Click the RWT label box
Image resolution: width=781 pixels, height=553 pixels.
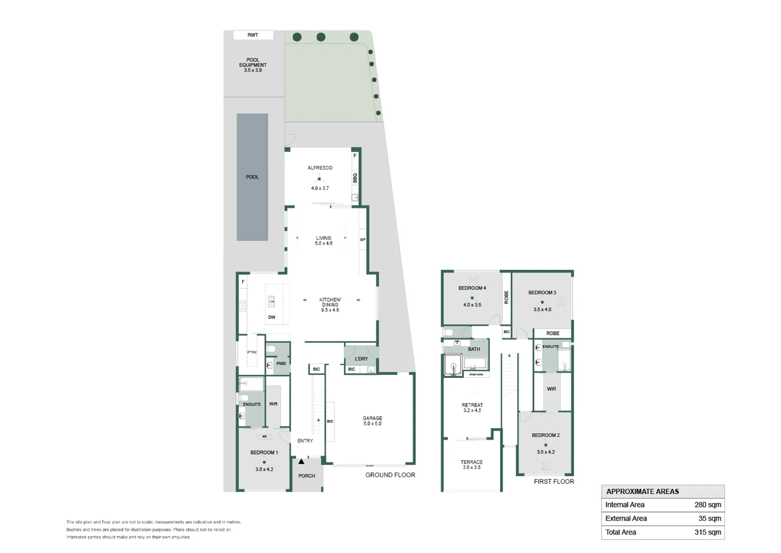point(253,35)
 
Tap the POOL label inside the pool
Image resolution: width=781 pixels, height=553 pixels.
point(252,177)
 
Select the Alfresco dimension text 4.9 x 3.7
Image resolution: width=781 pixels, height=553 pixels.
point(320,188)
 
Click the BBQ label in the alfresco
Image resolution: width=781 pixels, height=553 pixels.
point(355,178)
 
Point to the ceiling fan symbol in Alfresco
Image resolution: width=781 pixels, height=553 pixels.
point(320,179)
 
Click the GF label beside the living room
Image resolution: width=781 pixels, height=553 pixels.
point(363,240)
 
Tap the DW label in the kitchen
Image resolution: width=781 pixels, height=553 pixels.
point(272,317)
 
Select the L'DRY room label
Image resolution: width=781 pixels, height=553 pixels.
point(361,359)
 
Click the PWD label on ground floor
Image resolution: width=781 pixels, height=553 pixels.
point(281,364)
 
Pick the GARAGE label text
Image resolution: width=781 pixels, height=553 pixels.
point(372,418)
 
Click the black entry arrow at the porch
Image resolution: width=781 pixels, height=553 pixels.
point(301,462)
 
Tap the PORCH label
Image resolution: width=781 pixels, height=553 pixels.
point(307,476)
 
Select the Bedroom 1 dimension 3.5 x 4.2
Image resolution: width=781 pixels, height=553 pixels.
point(264,470)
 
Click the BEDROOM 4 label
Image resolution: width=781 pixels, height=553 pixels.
point(472,288)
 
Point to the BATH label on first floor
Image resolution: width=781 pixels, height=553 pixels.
point(474,349)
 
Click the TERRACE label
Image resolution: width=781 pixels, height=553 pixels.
point(472,462)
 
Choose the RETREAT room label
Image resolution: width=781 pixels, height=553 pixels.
point(472,405)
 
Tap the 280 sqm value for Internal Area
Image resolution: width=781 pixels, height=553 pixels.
point(707,505)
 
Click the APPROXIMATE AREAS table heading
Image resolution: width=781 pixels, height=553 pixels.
point(642,492)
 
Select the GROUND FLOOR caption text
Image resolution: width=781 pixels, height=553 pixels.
point(390,475)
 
